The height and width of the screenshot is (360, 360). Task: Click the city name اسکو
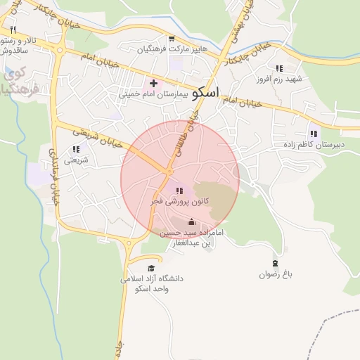tap(205, 92)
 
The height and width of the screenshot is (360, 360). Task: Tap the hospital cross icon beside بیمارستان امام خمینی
tap(153, 83)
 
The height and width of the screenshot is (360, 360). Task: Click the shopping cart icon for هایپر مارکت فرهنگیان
tap(172, 39)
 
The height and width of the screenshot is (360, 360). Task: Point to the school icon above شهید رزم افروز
tap(279, 68)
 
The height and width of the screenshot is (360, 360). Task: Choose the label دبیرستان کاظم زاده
tap(313, 144)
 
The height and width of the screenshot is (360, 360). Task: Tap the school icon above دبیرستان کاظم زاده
tap(313, 134)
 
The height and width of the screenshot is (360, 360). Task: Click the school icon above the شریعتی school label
tap(75, 149)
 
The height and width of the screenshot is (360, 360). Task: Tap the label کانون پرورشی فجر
tap(176, 201)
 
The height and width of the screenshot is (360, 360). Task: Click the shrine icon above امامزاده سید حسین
tap(191, 222)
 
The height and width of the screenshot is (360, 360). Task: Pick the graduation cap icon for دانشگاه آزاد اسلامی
tap(150, 268)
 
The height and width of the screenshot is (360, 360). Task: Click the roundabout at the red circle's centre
tap(169, 172)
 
